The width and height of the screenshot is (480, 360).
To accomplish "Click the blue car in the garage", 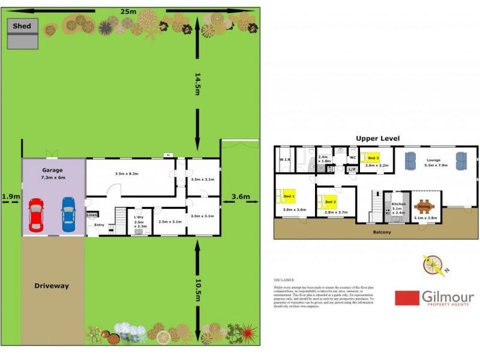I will pyautogui.click(x=69, y=215).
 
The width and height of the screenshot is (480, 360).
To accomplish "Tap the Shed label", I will pyautogui.click(x=22, y=26).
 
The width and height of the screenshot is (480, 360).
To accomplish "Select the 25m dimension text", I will pyautogui.click(x=127, y=11).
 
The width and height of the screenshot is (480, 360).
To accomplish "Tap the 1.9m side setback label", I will pyautogui.click(x=10, y=196).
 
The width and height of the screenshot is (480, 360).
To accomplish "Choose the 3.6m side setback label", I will pyautogui.click(x=240, y=196).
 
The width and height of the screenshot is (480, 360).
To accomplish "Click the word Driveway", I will pyautogui.click(x=51, y=286).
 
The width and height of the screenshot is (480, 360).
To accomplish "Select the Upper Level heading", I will pyautogui.click(x=377, y=139).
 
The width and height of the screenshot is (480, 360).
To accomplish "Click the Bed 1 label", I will pyautogui.click(x=289, y=196).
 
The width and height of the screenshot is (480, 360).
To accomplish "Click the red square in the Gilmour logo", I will pyautogui.click(x=407, y=298).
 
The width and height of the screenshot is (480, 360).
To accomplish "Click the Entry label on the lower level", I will pyautogui.click(x=99, y=225).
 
